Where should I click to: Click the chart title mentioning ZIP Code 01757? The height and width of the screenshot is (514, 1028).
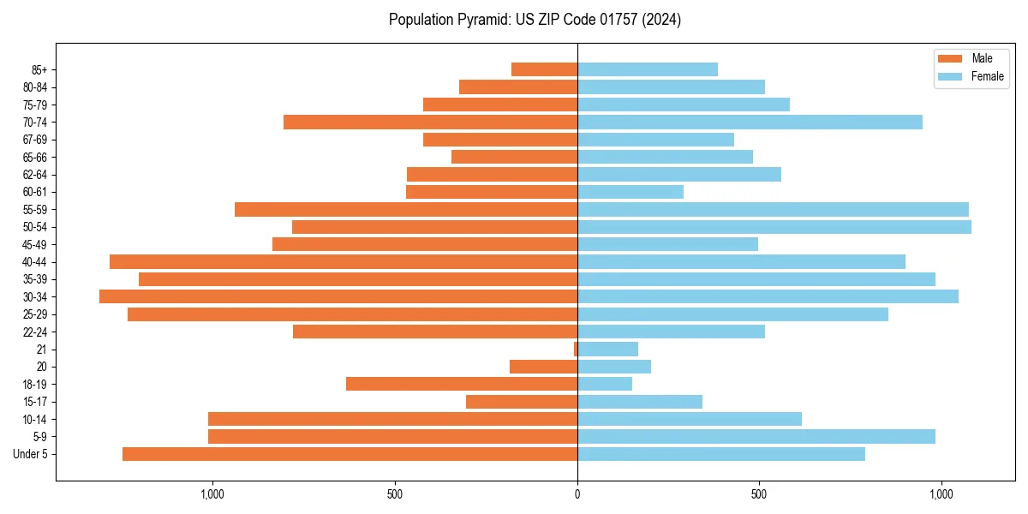tap(535, 20)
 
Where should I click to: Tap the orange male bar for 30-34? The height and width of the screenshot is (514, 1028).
tap(338, 296)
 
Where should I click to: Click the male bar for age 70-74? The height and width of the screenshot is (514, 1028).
tap(430, 123)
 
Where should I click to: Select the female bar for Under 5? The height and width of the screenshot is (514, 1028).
tap(721, 454)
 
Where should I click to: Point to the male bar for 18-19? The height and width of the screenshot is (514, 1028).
tap(462, 384)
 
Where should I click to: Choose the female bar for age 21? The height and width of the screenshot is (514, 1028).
tap(608, 350)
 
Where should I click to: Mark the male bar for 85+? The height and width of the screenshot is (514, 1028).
tap(545, 69)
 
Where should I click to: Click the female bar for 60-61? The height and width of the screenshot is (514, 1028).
tap(631, 192)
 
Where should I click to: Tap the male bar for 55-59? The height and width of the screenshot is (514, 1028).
tap(406, 210)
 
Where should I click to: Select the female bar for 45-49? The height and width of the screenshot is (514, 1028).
tap(667, 244)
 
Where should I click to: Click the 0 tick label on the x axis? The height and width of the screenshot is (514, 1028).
tap(577, 494)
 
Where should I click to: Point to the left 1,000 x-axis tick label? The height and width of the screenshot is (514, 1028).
tap(212, 494)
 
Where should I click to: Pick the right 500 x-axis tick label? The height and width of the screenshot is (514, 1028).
tap(759, 494)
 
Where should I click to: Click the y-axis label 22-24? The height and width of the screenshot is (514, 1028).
tap(35, 332)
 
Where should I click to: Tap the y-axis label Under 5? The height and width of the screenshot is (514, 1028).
tap(31, 454)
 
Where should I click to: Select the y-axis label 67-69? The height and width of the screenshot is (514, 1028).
tap(35, 140)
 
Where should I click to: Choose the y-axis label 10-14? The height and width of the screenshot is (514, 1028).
tap(35, 419)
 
